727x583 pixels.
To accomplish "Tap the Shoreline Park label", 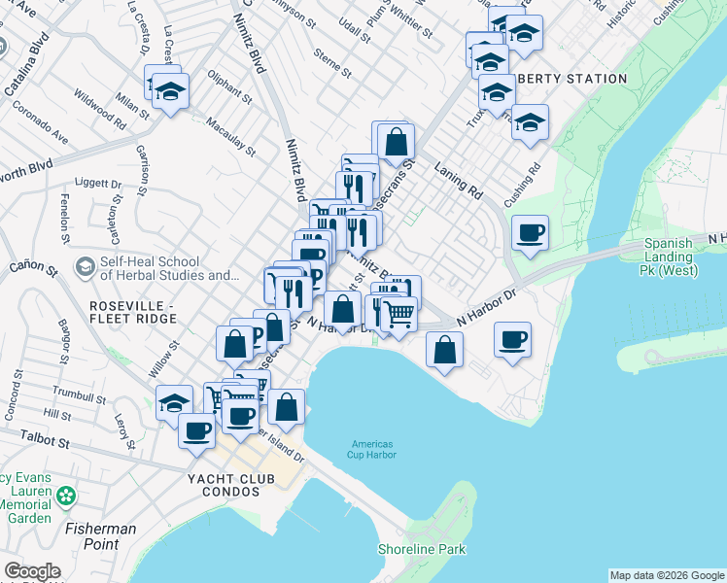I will [x=422, y=550].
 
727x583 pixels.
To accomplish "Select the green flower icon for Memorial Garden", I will [x=66, y=497].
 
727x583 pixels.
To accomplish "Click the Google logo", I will [x=32, y=571].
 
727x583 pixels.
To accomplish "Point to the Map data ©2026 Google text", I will [x=666, y=575].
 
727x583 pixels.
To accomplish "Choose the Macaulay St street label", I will [x=230, y=137].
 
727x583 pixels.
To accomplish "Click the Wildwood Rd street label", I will [x=100, y=111].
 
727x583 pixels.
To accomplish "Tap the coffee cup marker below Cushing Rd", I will [x=530, y=233].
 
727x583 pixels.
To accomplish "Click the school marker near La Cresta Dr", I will [x=170, y=92].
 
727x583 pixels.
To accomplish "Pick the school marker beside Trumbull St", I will [x=175, y=402].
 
